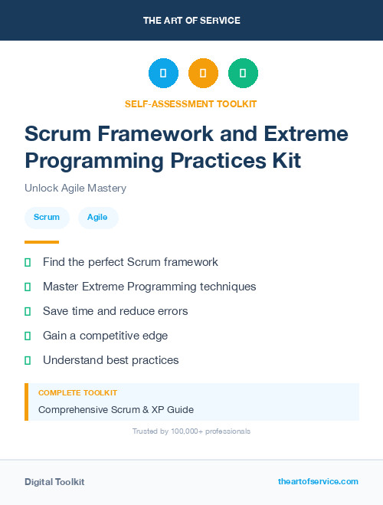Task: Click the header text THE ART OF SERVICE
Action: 191,21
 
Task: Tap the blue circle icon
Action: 163,74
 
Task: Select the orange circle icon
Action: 203,74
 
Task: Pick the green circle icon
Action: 243,74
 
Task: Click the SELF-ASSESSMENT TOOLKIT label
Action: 191,103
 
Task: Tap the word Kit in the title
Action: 284,161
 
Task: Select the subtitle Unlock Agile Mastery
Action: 75,188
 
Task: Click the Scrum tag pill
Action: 47,218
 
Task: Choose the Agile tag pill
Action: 97,218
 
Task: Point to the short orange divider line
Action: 41,242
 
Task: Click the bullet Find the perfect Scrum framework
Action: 130,262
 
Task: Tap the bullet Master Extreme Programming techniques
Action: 149,287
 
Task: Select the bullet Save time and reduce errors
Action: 115,311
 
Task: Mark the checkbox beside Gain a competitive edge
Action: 28,336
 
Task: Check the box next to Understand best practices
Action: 28,360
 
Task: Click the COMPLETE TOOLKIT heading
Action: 77,392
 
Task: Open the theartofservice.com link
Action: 318,481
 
